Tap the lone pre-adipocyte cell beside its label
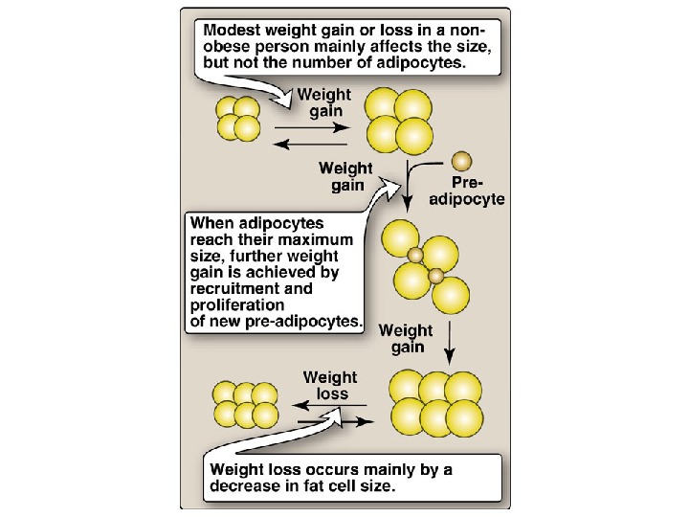462,160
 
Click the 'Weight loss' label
330,386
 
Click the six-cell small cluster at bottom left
246,404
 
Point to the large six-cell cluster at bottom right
436,402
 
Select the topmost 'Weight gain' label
324,103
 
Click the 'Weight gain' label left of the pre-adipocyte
346,177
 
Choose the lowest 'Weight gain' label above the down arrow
407,339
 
